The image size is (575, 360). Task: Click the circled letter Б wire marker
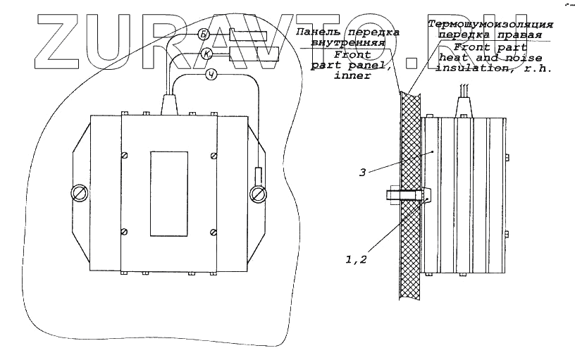click(x=203, y=35)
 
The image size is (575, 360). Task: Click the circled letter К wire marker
click(x=206, y=54)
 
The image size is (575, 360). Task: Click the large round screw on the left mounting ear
click(x=78, y=192)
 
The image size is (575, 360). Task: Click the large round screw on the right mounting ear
click(x=257, y=193)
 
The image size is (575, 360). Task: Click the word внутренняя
click(x=351, y=42)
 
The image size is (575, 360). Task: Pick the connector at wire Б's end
click(x=247, y=35)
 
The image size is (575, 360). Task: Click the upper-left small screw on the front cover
click(x=125, y=155)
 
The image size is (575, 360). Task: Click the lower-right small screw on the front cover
click(x=214, y=231)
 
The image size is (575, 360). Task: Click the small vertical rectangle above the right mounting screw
click(x=257, y=174)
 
